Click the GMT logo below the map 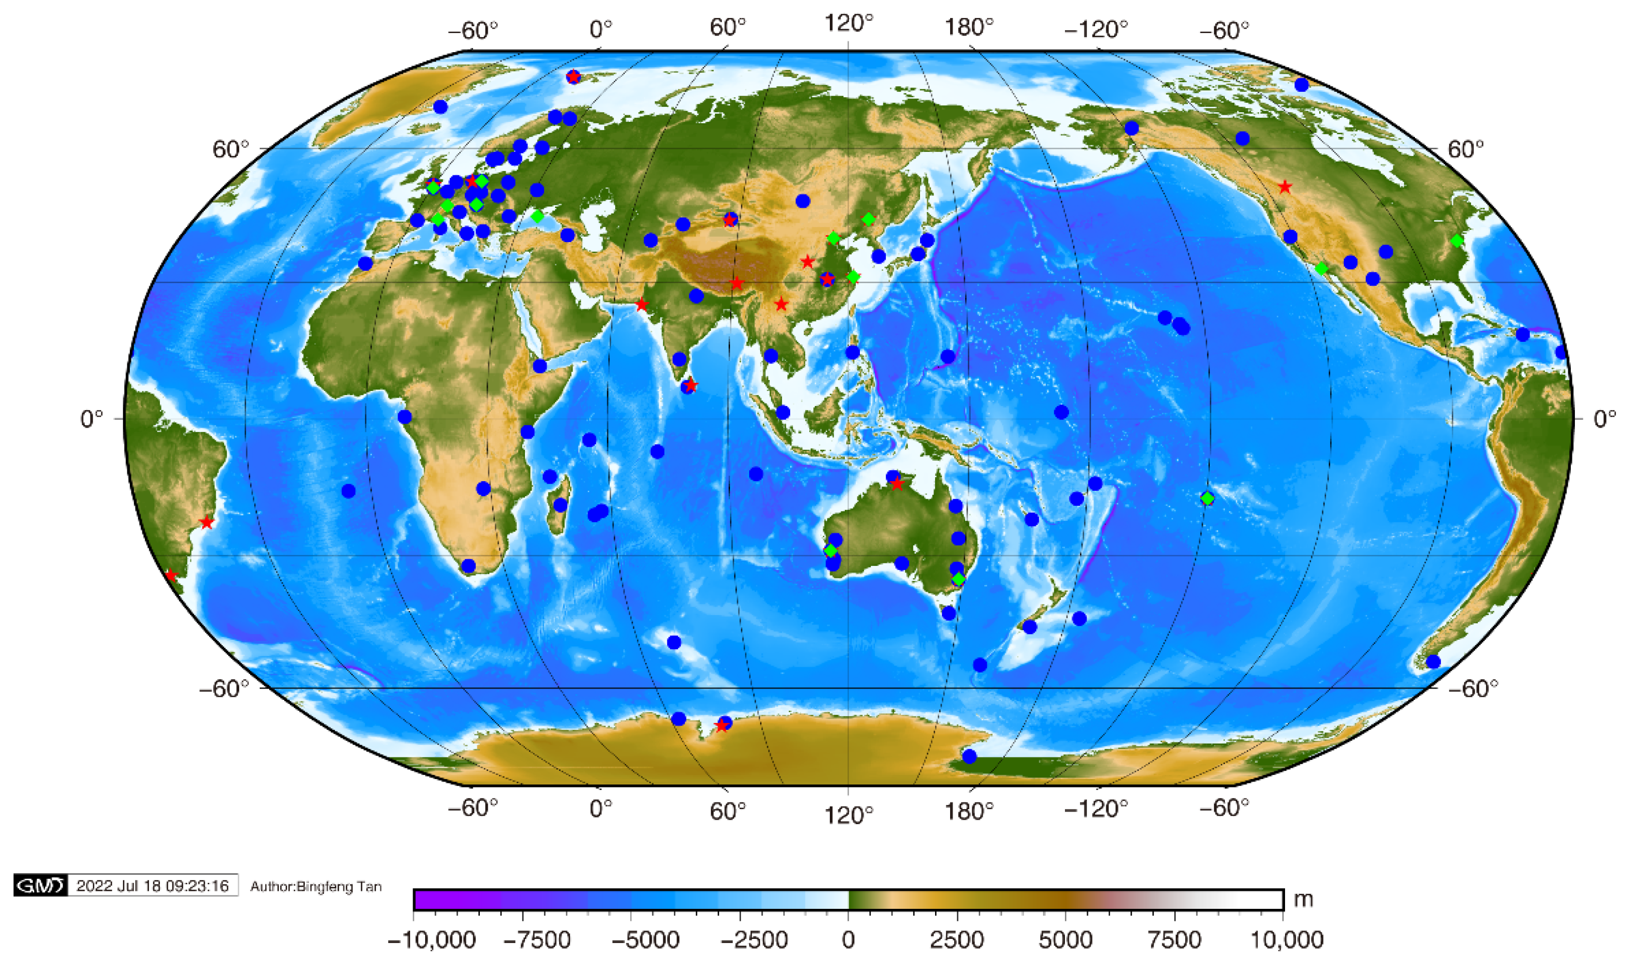[40, 886]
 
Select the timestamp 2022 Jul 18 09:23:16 [152, 886]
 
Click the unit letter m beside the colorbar [1303, 898]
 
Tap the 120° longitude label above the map [849, 24]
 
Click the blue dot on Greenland [440, 106]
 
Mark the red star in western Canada [1285, 187]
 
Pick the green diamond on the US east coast [1457, 241]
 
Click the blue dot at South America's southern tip [1433, 662]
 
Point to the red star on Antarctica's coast [721, 725]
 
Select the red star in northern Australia [897, 484]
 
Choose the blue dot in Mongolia [802, 201]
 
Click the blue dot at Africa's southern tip [468, 565]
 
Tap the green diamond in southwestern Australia [830, 550]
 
